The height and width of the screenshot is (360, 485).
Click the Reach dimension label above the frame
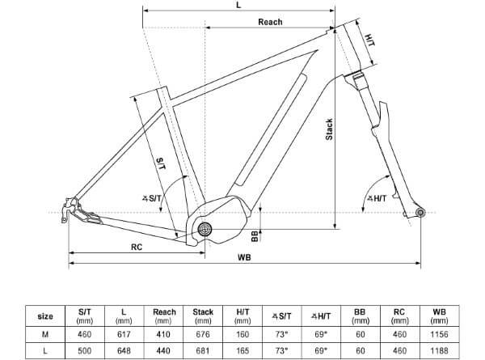(x=270, y=22)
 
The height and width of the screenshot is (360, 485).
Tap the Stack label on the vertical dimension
(x=329, y=129)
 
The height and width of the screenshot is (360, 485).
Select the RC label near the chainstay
(x=137, y=248)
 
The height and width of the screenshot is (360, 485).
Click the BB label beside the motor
(x=255, y=235)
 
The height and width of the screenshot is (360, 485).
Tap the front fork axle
(x=420, y=212)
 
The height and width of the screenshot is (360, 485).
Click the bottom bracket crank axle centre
(x=205, y=230)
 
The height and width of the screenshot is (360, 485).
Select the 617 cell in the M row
(x=123, y=332)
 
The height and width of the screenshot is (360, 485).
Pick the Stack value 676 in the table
(x=204, y=332)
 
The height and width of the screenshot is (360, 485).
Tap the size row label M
(x=46, y=332)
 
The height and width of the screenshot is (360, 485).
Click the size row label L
(x=46, y=350)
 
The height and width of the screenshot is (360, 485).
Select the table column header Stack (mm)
(x=204, y=315)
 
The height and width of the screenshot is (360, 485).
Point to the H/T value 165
(x=242, y=350)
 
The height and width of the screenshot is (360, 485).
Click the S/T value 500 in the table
(x=84, y=350)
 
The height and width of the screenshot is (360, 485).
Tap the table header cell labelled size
(x=46, y=316)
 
